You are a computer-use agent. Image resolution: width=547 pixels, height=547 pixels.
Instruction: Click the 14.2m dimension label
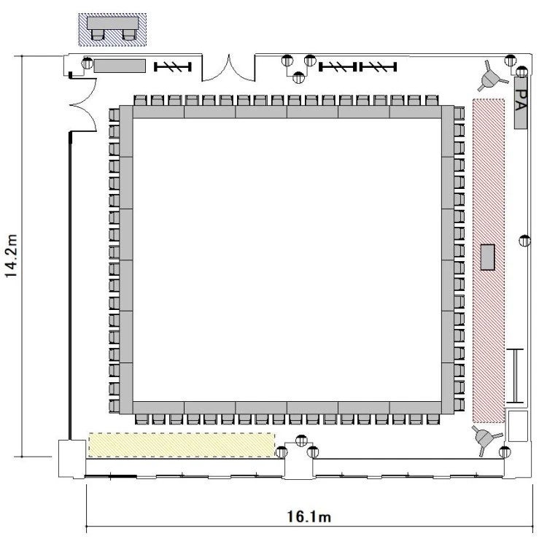click(11, 256)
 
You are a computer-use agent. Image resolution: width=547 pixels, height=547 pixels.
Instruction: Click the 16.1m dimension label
click(309, 516)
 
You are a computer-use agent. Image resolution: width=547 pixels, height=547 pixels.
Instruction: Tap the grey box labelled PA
click(521, 103)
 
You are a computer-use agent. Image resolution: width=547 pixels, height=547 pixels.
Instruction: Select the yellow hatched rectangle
click(182, 445)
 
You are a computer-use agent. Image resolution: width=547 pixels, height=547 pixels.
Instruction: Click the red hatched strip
click(489, 261)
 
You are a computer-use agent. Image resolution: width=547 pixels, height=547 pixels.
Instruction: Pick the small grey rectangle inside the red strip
click(488, 257)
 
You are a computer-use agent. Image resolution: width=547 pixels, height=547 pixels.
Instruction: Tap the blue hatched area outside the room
click(112, 30)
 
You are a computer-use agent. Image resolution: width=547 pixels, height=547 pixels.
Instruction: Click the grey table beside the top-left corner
click(120, 66)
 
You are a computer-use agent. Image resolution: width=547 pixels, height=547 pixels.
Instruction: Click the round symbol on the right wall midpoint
click(524, 241)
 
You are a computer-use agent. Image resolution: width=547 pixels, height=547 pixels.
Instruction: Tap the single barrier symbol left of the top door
click(173, 66)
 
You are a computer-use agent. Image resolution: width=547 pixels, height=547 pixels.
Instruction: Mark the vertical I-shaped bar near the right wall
click(515, 376)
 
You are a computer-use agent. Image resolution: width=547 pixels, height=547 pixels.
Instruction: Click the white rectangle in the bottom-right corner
click(518, 427)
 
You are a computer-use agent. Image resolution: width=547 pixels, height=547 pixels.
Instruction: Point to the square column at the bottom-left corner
click(72, 459)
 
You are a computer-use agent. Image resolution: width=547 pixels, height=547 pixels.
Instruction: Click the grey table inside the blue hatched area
click(112, 23)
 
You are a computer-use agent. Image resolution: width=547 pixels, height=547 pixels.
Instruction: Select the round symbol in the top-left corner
click(88, 63)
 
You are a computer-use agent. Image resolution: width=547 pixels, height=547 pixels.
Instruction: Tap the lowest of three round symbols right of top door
click(298, 77)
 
